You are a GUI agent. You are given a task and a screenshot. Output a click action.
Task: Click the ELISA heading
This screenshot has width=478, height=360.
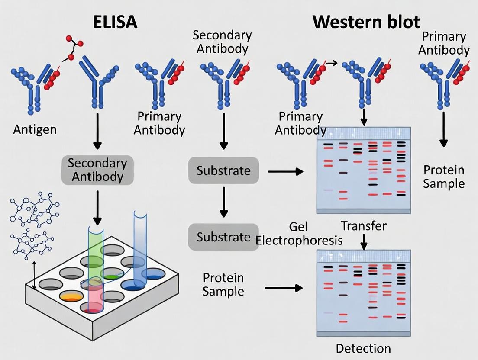115,21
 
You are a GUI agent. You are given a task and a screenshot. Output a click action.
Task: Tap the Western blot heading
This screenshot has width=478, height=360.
366,21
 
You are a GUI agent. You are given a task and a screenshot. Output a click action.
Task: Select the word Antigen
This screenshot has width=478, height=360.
35,129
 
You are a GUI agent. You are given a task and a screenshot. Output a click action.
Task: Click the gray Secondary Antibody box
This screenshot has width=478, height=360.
97,170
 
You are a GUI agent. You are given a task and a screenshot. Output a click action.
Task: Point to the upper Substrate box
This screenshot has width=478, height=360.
223,170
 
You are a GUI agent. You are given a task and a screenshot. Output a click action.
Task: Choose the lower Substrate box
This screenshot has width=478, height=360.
223,237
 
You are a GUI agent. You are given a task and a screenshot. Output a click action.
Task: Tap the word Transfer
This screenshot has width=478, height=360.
364,225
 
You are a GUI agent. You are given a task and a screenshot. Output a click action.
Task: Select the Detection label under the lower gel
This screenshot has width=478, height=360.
363,348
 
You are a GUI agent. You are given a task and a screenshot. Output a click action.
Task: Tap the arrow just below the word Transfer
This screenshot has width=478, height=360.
364,241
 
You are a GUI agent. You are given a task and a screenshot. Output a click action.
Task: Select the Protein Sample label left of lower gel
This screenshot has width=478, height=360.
223,284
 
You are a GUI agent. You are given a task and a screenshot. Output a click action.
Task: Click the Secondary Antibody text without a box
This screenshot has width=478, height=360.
222,42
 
